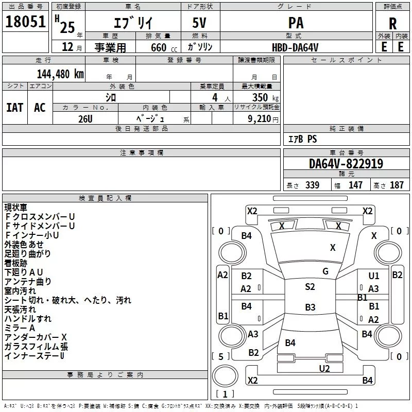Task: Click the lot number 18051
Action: pos(25,22)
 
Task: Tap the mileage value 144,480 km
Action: pos(60,74)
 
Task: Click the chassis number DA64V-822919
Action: pos(346,164)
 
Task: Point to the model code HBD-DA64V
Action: pos(295,47)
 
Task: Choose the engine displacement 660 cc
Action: pos(164,47)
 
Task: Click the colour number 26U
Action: pos(85,119)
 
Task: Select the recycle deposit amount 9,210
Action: pos(260,119)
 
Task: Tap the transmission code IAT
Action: pos(15,108)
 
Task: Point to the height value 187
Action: pos(397,185)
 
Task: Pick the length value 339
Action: pos(312,185)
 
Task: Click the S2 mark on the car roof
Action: pos(310,287)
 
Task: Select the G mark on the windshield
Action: pos(325,271)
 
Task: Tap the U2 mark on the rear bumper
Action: pos(324,368)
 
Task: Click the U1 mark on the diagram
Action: pos(374,276)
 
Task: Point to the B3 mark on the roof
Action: pos(310,307)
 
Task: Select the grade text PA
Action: pos(296,23)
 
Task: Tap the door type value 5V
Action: pos(199,23)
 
